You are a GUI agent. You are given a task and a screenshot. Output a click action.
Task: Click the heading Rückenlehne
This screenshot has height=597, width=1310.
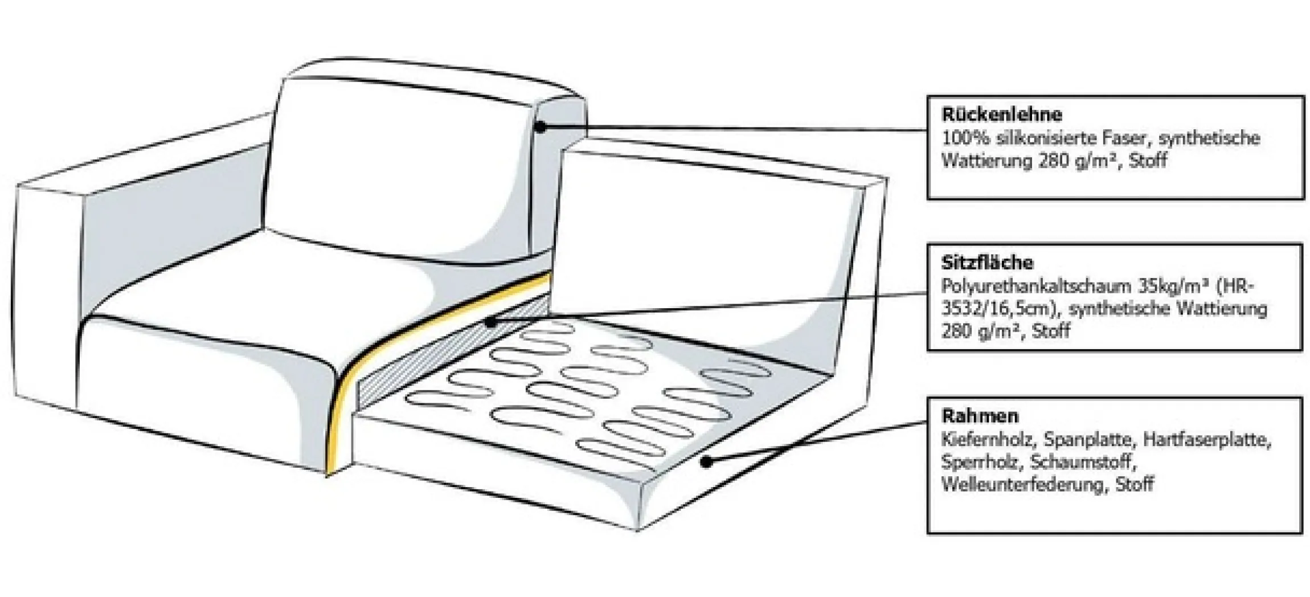1001,115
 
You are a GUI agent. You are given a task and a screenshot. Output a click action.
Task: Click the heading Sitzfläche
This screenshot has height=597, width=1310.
987,263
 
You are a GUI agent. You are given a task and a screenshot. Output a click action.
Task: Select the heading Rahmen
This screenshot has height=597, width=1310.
980,416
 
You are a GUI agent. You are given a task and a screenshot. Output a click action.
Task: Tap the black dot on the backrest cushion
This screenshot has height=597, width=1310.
540,128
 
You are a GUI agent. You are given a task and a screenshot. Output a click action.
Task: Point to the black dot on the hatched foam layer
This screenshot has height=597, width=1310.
490,323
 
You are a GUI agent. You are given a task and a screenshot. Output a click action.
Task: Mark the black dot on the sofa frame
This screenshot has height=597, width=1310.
706,462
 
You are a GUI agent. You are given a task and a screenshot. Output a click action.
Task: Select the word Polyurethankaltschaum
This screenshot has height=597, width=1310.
1036,286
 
